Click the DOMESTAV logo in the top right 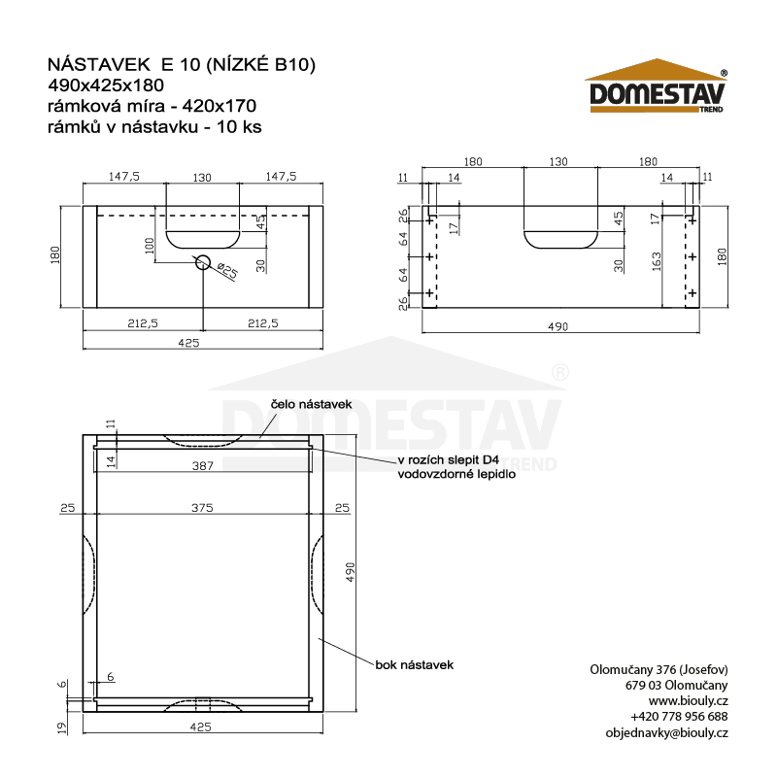657,85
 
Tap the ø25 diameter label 228,271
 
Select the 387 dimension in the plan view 203,466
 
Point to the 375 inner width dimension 202,508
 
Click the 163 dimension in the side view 657,261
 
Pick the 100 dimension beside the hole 150,246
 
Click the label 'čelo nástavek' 311,404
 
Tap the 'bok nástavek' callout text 415,665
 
